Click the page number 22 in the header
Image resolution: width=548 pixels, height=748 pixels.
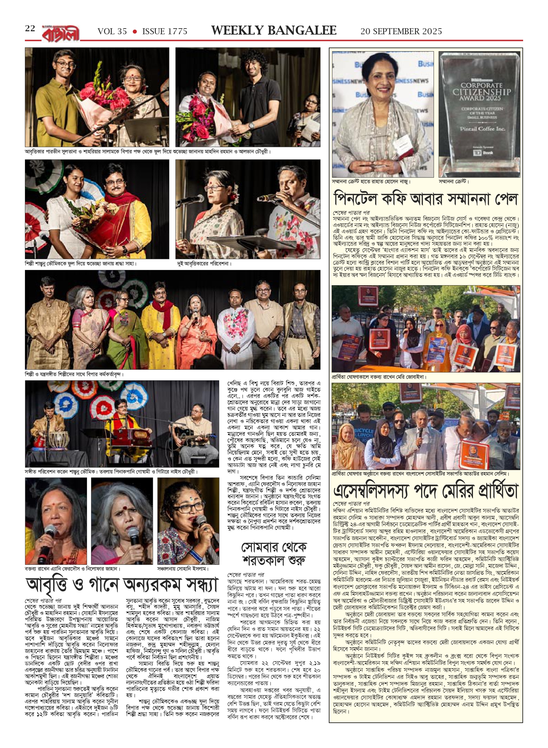point(30,29)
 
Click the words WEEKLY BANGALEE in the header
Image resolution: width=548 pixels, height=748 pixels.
point(274,31)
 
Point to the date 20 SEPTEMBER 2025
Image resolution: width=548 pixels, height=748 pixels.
point(401,32)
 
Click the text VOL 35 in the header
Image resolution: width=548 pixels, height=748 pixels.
point(112,32)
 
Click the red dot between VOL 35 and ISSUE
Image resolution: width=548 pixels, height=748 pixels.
point(135,32)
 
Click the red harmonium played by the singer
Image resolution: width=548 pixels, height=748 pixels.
point(125,436)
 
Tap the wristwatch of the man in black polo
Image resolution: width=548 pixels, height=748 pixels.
point(251,126)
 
